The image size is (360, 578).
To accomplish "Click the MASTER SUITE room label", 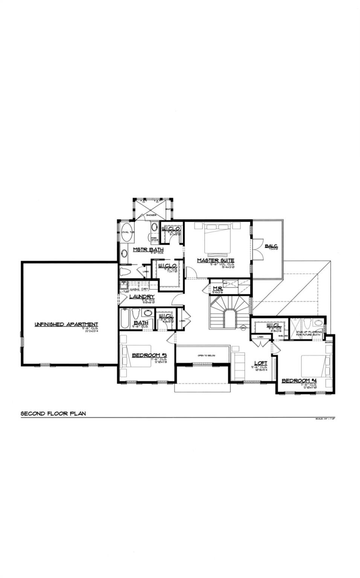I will (215, 260).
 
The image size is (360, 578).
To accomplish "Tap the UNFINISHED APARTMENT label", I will (66, 324).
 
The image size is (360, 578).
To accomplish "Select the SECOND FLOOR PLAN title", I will (53, 414).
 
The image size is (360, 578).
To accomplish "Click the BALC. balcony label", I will (271, 246).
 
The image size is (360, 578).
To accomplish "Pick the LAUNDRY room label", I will (142, 297).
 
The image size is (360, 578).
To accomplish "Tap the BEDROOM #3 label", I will (149, 355).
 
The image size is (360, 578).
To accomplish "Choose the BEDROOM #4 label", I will (299, 381).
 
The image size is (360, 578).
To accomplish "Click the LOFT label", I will (261, 363).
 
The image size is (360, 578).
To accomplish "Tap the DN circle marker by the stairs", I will (243, 328).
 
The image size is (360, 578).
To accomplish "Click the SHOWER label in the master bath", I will (151, 215).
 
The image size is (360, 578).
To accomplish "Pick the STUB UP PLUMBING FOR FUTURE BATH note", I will (309, 333).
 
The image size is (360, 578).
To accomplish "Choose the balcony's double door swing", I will (256, 249).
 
